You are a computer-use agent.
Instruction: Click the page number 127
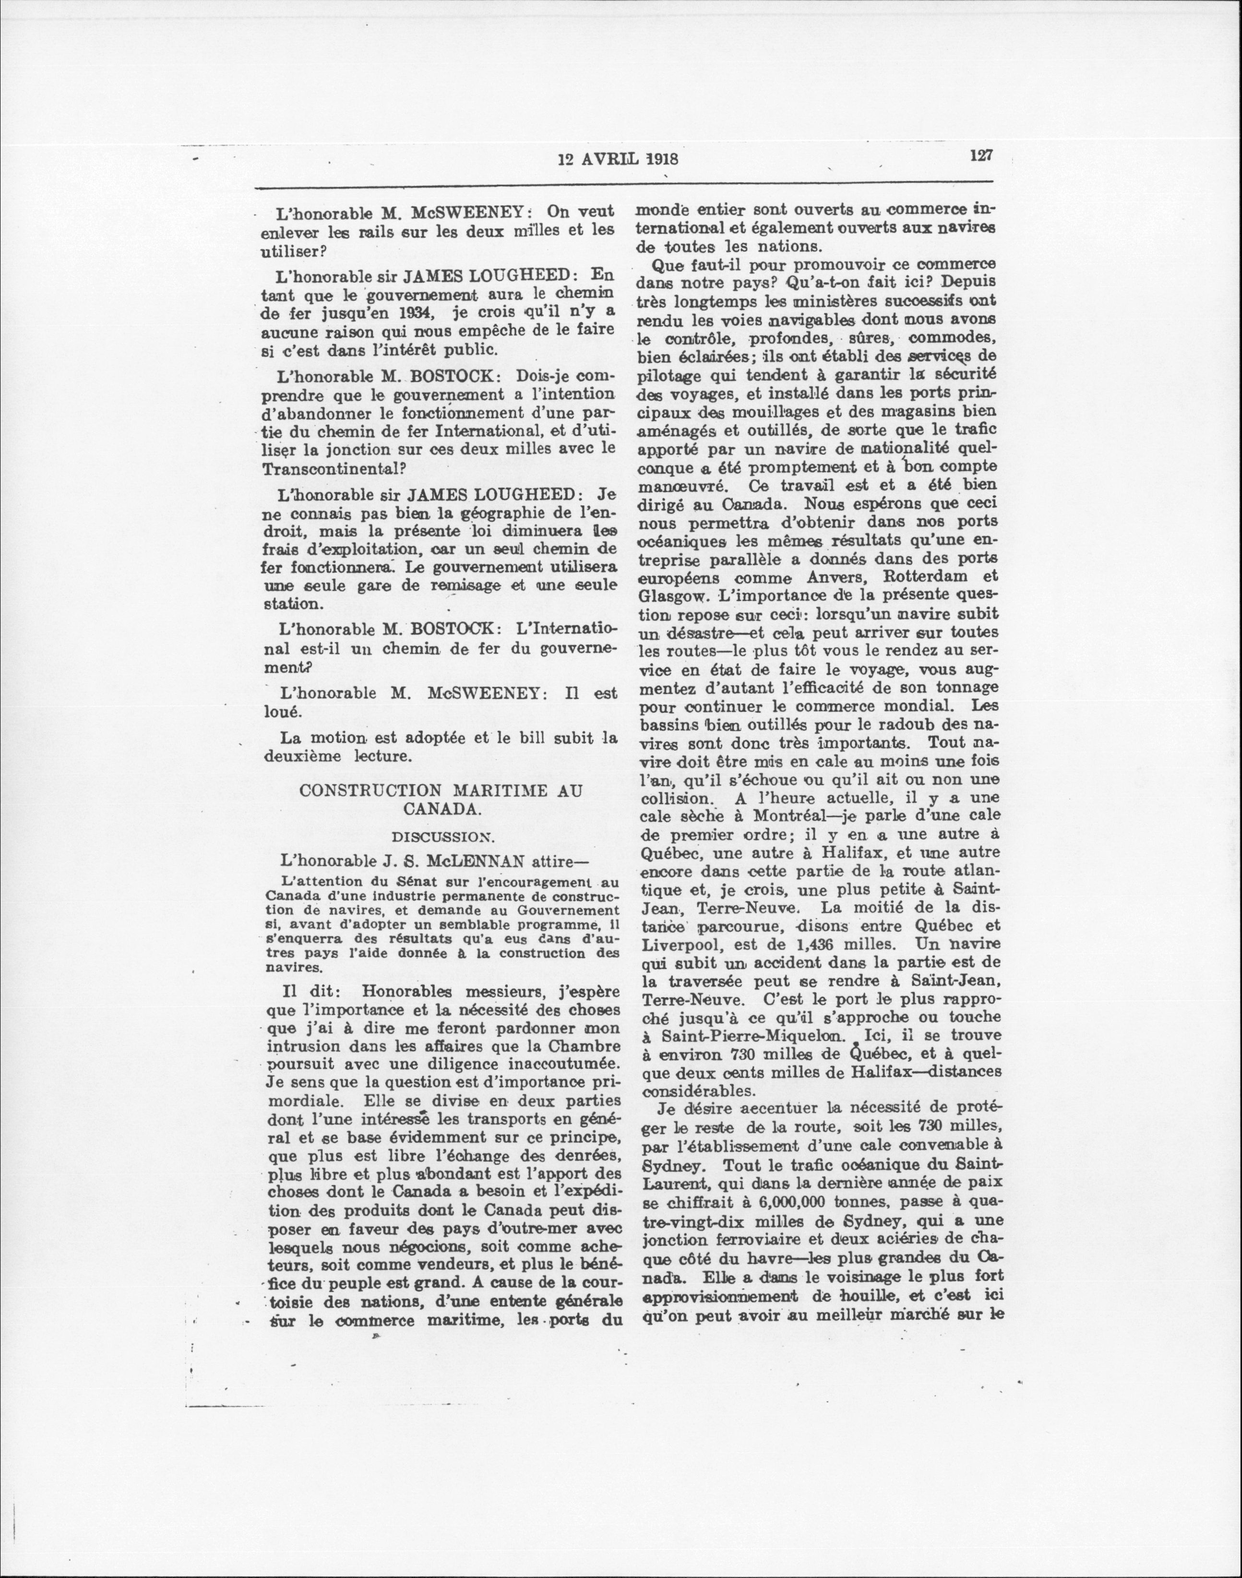980,155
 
